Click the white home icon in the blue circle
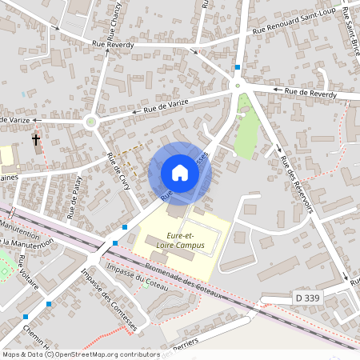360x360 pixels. (x=180, y=173)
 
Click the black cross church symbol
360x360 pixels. (x=36, y=140)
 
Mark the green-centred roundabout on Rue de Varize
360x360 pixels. (x=90, y=122)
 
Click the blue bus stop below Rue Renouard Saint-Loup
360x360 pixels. (x=238, y=67)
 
